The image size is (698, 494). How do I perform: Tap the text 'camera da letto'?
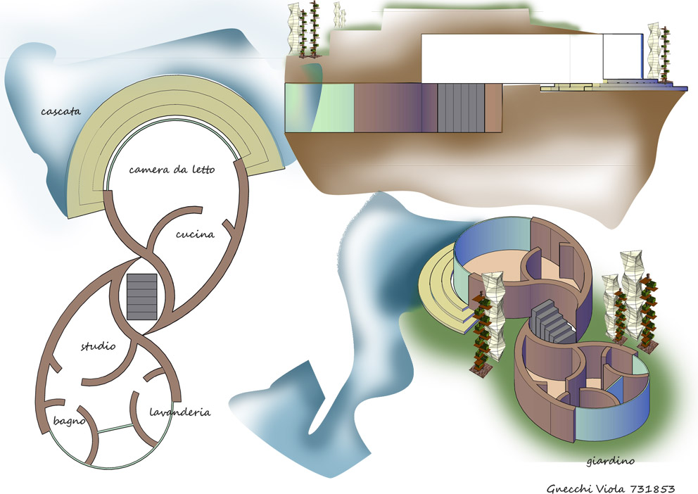tap(172, 170)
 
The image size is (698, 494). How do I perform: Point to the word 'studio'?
tap(98, 346)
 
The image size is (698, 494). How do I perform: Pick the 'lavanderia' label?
tap(180, 412)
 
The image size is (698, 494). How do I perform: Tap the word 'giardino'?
tap(610, 462)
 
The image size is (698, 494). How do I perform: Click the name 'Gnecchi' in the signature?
tap(569, 487)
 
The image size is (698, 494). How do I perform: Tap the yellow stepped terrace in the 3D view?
tap(443, 289)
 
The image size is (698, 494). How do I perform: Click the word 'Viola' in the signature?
tap(614, 487)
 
